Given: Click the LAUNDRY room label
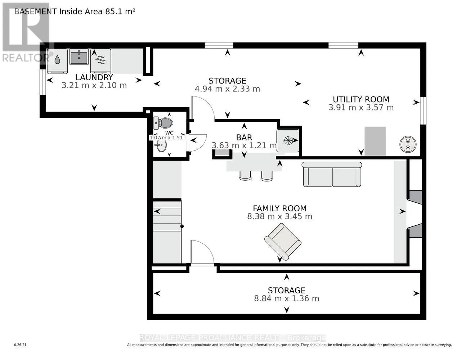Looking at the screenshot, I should (94, 77).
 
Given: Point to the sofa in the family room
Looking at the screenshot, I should (332, 175).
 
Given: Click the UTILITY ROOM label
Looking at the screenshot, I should (361, 99).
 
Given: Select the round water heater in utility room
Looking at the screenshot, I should (408, 144).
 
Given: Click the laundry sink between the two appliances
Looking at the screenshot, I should (79, 57).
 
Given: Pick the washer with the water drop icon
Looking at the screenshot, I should (58, 60).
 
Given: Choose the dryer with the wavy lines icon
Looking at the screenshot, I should (100, 60).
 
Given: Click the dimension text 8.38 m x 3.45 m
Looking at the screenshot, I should (279, 216).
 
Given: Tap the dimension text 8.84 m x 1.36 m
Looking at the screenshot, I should (287, 298).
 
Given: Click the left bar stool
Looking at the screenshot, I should (245, 175).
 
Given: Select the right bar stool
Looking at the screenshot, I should (267, 175).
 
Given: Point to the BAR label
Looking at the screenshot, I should (244, 137).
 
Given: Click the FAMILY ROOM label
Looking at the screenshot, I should (279, 208).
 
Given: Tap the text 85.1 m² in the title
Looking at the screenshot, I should (120, 11).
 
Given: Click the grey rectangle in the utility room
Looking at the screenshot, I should (375, 141).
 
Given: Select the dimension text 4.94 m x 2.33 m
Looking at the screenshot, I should (227, 89).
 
